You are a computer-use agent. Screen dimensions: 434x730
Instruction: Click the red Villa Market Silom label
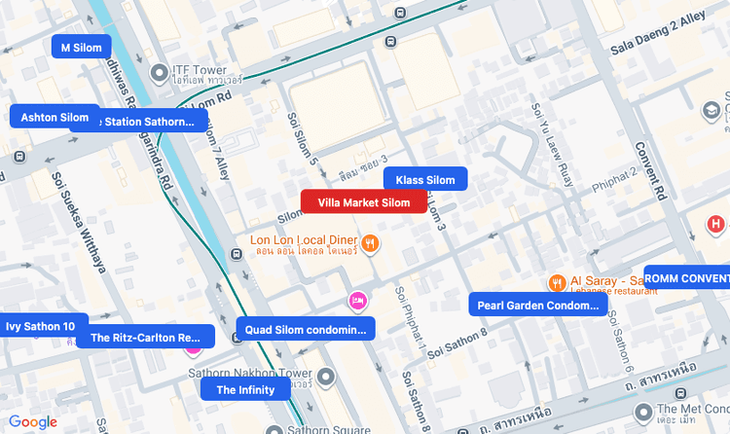pos(363,201)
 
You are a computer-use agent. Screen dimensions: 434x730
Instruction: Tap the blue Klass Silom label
pos(425,179)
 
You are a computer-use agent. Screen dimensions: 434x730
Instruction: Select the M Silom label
pos(81,47)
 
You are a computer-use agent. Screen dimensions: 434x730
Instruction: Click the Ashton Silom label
pos(55,117)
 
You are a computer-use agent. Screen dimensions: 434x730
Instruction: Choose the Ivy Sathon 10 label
pos(41,326)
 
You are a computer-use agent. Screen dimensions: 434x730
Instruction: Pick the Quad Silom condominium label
pos(305,329)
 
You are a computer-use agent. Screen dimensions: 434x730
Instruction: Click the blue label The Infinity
pos(245,389)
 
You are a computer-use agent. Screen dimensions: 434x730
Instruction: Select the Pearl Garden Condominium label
pos(537,305)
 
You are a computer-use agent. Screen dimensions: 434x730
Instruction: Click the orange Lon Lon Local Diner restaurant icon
pos(370,242)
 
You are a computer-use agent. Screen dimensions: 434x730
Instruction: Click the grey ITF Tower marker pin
pos(159,73)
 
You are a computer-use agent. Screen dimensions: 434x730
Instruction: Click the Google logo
pos(33,421)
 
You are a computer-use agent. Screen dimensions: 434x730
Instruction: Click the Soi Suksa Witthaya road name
pos(80,223)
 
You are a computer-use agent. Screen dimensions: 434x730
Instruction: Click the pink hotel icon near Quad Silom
pos(358,301)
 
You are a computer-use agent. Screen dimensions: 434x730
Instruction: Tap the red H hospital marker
pos(715,225)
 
